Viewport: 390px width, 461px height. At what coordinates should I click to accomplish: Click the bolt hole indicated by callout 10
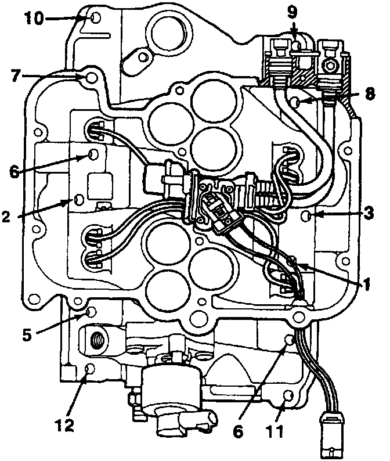pyautogui.click(x=96, y=18)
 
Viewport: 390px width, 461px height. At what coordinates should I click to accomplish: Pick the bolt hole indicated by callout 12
pyautogui.click(x=89, y=369)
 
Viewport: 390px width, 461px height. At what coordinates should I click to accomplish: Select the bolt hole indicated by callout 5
pyautogui.click(x=90, y=313)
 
